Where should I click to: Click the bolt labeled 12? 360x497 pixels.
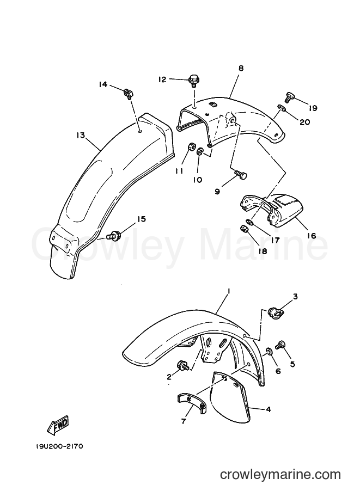pos(193,81)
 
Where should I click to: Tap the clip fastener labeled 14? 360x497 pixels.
pos(128,94)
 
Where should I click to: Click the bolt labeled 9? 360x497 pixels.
pos(241,175)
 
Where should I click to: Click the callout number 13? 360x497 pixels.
pos(81,136)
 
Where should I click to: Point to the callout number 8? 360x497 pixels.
pos(241,68)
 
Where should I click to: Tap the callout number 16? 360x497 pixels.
pos(312,236)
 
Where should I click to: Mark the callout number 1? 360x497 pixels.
pos(229,291)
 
